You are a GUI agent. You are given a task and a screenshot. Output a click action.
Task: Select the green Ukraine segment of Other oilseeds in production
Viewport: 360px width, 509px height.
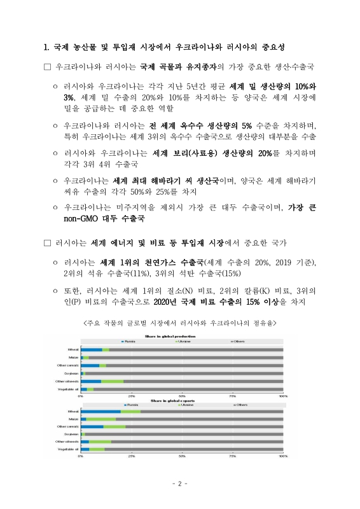(x=113, y=381)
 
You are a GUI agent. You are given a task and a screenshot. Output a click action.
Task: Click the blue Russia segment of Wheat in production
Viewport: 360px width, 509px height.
(x=92, y=350)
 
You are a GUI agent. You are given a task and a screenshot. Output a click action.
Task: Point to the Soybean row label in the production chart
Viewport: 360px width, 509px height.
(x=71, y=373)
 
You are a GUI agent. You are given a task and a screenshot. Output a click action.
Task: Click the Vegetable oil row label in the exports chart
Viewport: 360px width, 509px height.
(x=67, y=449)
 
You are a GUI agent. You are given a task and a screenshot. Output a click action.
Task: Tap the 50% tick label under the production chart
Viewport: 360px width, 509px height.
(x=182, y=396)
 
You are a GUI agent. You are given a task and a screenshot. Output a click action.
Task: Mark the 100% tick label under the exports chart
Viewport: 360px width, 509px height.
(x=282, y=456)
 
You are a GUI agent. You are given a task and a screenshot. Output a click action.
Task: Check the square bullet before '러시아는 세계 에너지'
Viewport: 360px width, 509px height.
(x=46, y=243)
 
